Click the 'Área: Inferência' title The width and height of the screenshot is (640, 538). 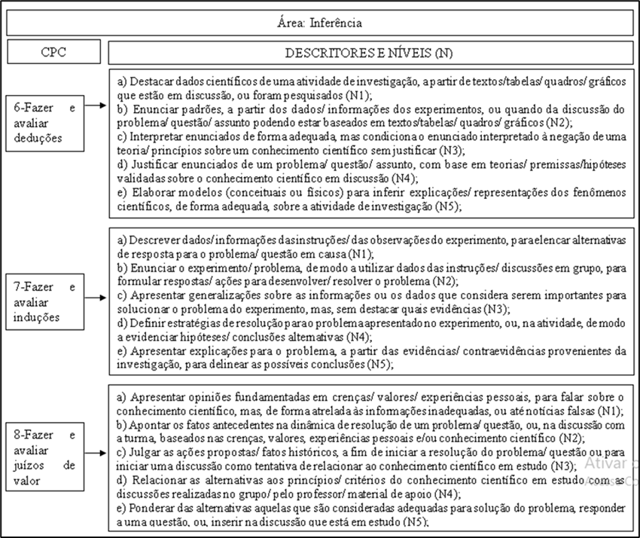click(x=320, y=23)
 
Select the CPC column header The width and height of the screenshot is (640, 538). click(x=54, y=53)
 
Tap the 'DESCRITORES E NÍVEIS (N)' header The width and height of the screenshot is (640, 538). click(x=369, y=53)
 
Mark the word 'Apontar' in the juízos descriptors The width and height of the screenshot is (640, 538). click(x=151, y=424)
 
